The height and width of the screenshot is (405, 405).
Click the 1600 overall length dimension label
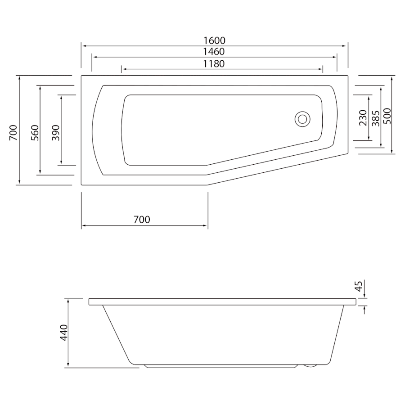click(214, 40)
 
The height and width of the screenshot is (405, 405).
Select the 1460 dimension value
click(214, 52)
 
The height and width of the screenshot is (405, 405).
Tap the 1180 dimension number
click(214, 64)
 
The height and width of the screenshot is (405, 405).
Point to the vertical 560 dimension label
click(35, 132)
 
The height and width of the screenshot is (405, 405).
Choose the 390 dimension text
click(55, 132)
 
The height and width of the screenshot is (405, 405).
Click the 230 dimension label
click(363, 118)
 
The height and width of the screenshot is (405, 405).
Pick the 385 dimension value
click(376, 118)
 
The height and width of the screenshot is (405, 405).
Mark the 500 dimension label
click(387, 116)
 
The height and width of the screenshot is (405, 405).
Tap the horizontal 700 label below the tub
click(142, 220)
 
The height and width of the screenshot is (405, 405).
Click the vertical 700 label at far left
click(13, 132)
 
